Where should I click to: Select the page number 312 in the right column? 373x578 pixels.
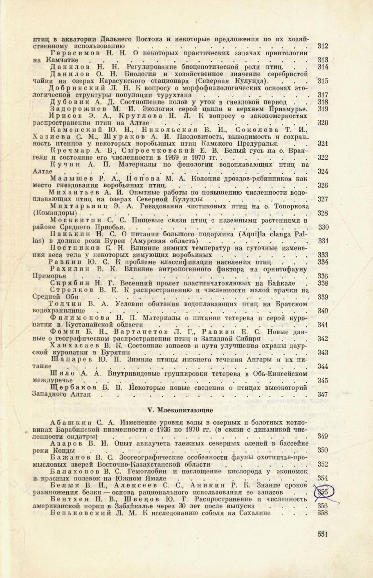tap(323, 47)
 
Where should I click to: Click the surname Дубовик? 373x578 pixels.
tap(70, 102)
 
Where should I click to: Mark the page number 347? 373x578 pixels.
tap(323, 395)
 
